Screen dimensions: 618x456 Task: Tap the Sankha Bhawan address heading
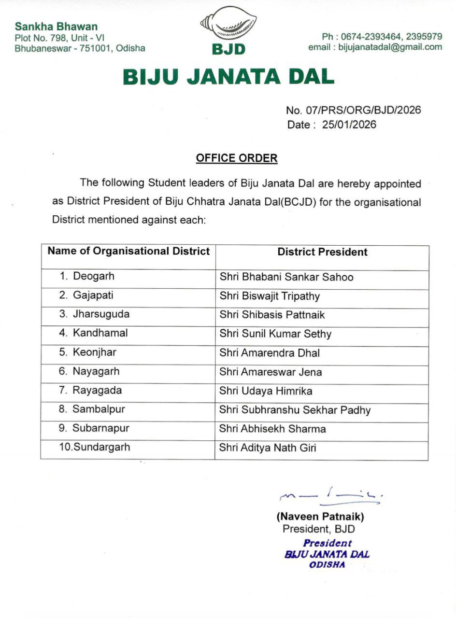click(x=56, y=27)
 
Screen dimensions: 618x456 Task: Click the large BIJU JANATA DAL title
click(x=228, y=77)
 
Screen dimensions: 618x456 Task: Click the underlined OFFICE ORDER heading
click(x=236, y=158)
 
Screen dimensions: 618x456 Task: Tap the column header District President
click(x=322, y=252)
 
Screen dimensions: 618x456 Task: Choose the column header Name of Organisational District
click(x=128, y=251)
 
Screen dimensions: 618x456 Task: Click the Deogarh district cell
click(x=94, y=276)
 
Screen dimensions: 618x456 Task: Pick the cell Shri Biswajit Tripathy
click(x=270, y=296)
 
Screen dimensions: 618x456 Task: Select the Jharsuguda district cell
click(x=100, y=314)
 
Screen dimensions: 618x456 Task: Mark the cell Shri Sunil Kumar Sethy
click(x=275, y=334)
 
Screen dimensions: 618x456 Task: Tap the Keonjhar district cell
click(x=94, y=352)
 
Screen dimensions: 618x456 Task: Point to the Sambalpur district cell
click(x=99, y=409)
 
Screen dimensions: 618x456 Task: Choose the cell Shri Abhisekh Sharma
click(x=272, y=429)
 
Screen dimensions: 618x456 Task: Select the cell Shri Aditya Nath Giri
click(x=268, y=448)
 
